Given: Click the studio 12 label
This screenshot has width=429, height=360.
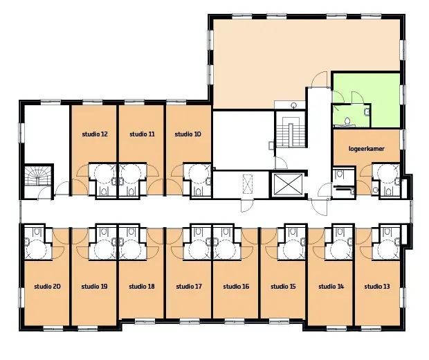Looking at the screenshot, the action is click(95, 134).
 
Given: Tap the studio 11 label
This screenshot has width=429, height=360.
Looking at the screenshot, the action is click(142, 134).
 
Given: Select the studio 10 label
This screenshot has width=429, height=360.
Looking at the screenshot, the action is click(188, 134).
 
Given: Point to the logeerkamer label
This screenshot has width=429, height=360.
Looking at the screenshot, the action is click(366, 149).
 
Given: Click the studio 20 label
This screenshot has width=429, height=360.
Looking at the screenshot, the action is click(47, 287).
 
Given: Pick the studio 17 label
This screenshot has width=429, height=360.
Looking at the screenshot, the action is click(189, 287).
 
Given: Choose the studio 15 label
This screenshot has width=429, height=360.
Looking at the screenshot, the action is click(283, 287).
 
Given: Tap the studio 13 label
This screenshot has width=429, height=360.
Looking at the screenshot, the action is click(376, 287).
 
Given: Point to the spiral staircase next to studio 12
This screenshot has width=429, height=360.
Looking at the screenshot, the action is click(38, 180).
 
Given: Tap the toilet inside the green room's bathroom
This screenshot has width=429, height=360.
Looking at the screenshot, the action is click(347, 120).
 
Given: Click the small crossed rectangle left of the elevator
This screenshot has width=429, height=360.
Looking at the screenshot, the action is click(247, 183).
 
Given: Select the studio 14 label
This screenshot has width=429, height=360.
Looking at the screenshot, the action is click(331, 287).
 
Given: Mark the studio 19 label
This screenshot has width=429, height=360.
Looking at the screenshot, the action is click(94, 287).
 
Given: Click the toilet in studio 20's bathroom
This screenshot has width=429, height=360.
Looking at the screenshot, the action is click(37, 232).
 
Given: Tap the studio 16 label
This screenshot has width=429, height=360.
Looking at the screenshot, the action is click(236, 287).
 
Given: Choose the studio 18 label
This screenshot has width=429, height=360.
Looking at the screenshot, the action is click(142, 287).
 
